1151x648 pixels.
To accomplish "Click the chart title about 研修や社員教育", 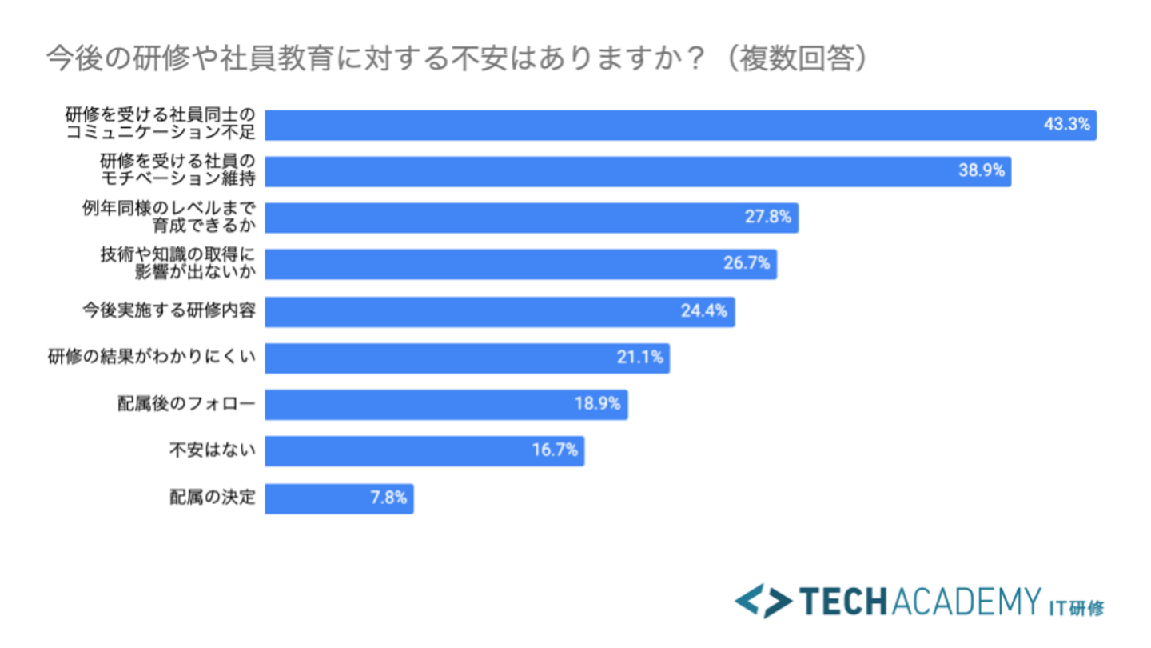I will tap(456, 59).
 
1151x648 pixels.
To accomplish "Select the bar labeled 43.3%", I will tap(679, 126).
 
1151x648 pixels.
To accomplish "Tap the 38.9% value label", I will tap(982, 171).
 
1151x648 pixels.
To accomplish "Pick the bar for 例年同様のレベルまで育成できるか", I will tap(532, 218).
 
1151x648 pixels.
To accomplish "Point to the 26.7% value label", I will tap(747, 264).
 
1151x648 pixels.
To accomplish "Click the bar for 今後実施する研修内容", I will tap(500, 311).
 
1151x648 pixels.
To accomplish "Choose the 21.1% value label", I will tap(640, 358).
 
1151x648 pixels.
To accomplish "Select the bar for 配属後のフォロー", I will tap(446, 404).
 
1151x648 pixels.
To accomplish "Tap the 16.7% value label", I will tap(555, 450).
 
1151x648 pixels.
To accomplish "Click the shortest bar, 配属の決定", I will tap(339, 498).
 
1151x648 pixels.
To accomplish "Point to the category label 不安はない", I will tap(213, 450).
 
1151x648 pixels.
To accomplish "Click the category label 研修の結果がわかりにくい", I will tap(152, 358).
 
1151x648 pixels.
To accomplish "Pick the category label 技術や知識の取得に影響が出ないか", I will tap(177, 264).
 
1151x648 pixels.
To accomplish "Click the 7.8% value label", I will tap(388, 498).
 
